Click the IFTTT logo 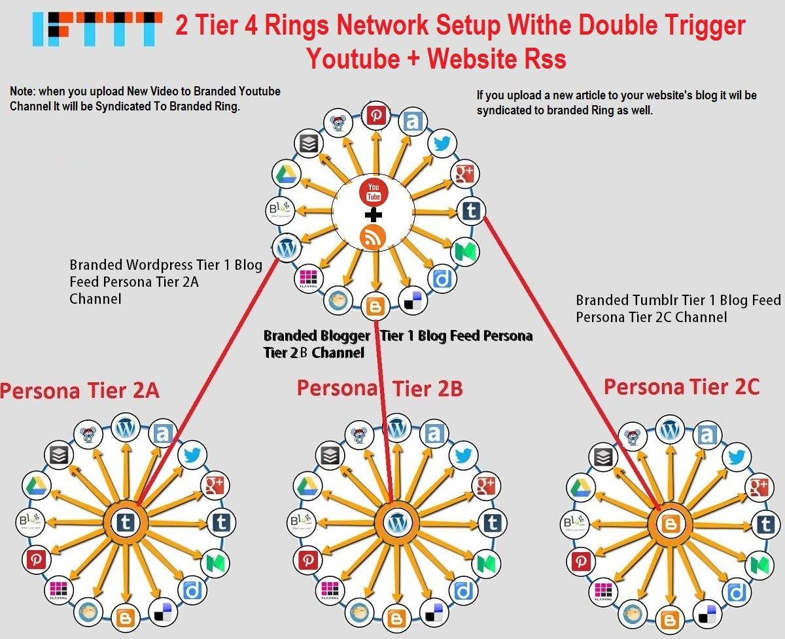97,29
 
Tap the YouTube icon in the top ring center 374,193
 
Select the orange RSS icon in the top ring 374,237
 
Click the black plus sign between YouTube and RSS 374,214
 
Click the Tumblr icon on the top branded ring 470,210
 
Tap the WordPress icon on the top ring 285,248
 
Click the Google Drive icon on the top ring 286,174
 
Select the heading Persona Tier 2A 80,391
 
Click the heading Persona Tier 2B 379,388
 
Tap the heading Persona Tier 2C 681,386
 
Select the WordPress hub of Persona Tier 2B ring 396,522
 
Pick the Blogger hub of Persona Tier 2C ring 669,523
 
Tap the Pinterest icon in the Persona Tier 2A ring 35,559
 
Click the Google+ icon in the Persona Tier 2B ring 485,485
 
